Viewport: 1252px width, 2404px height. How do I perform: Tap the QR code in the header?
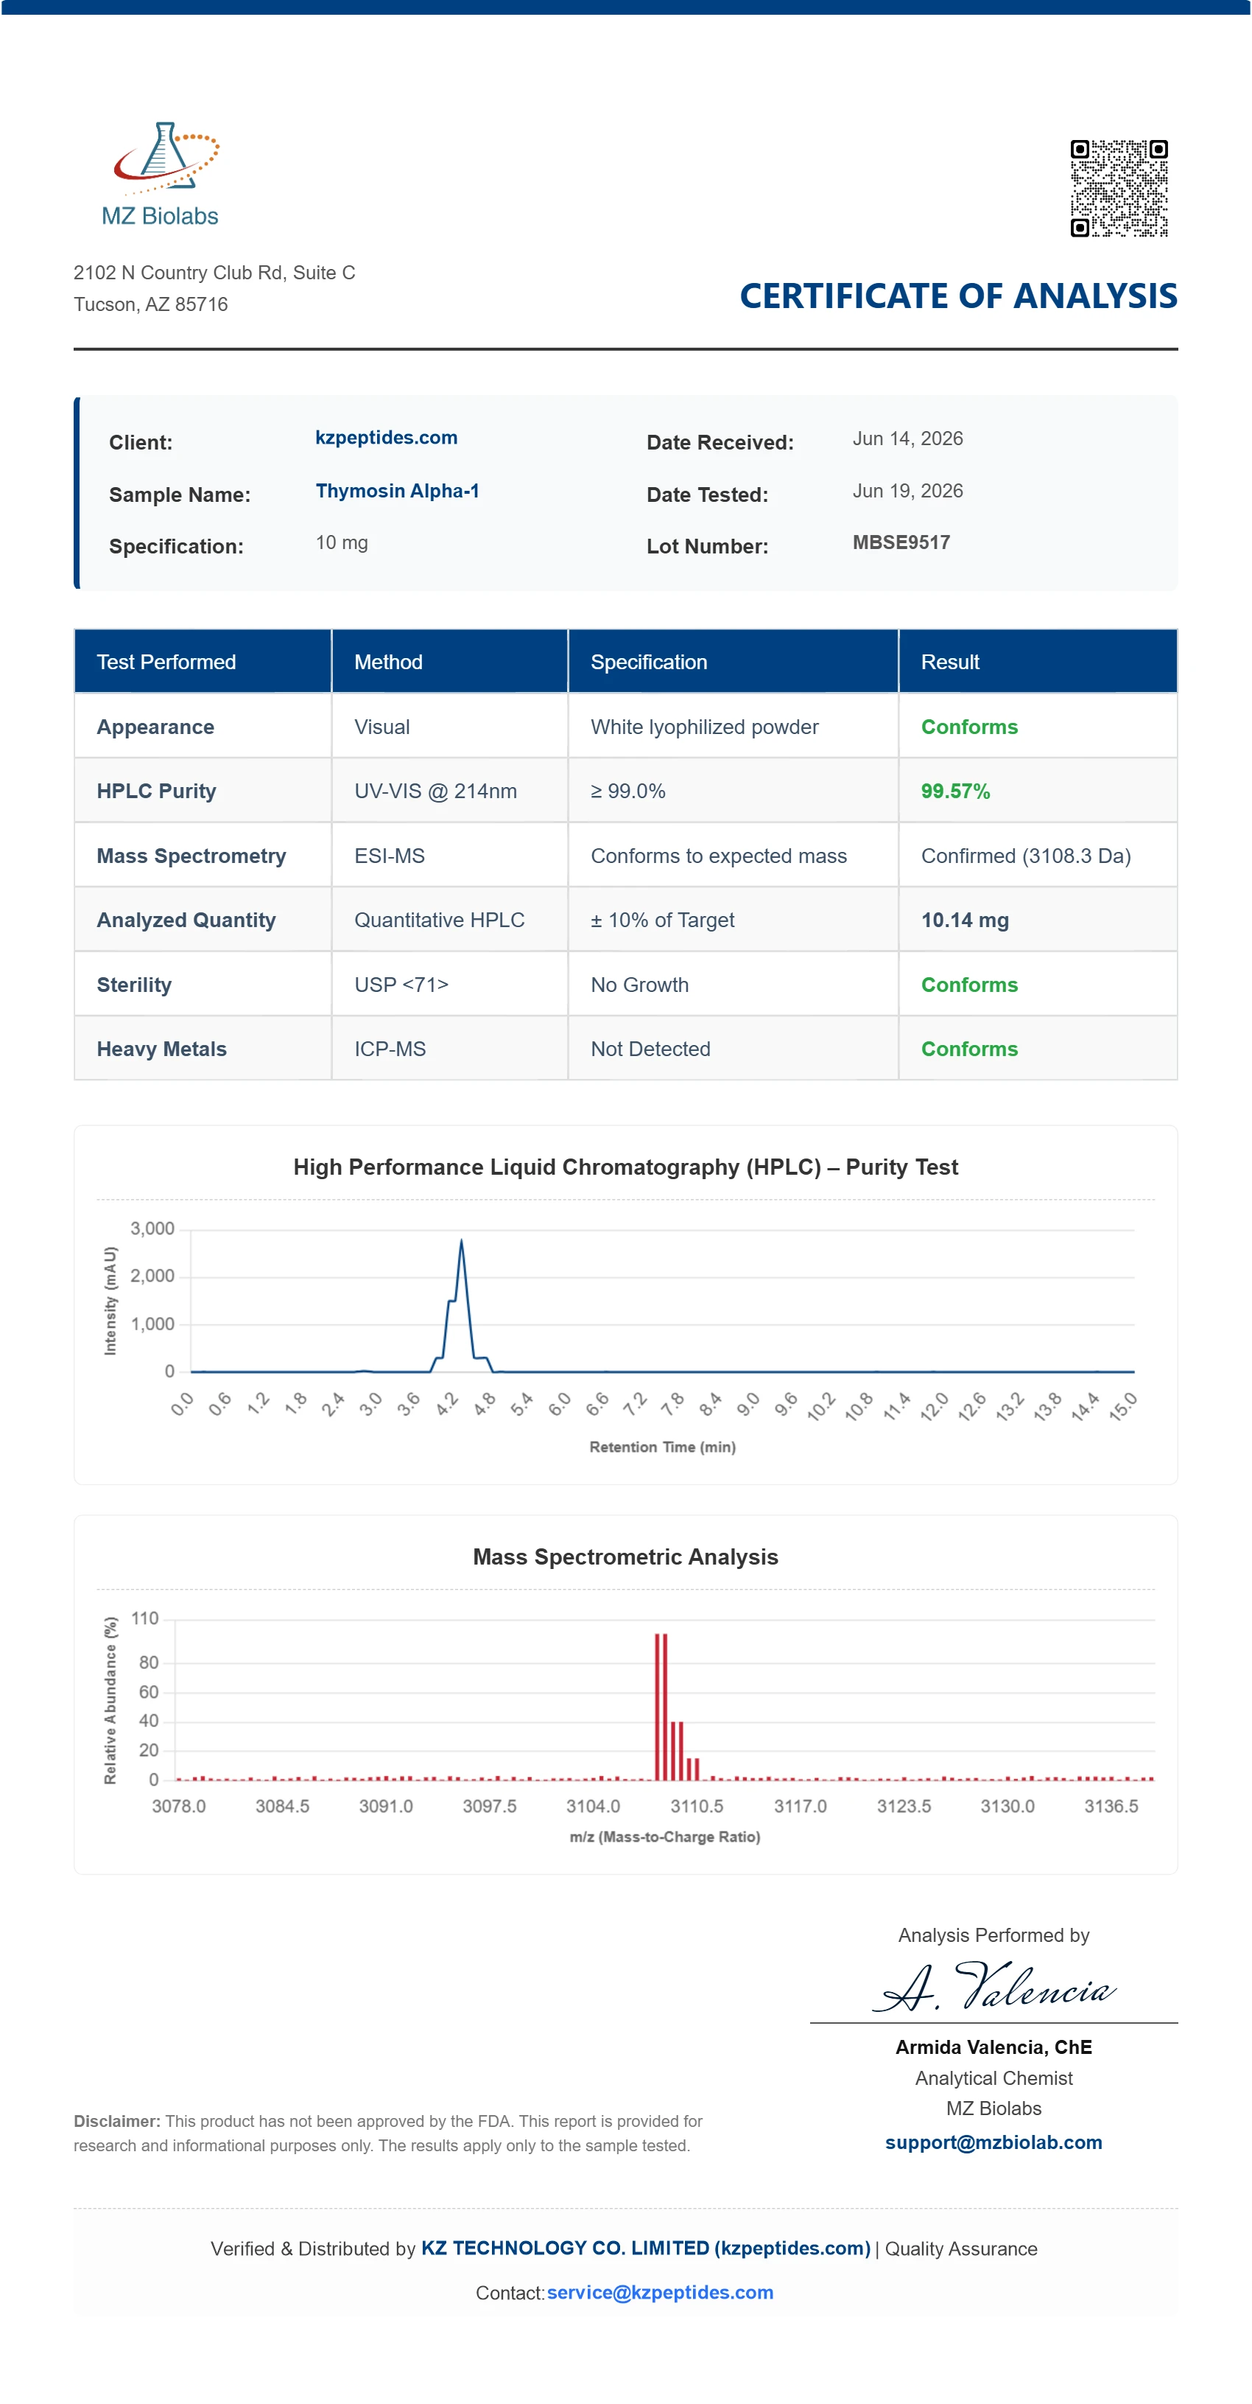pyautogui.click(x=1119, y=188)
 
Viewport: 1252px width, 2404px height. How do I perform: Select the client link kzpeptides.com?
pyautogui.click(x=386, y=438)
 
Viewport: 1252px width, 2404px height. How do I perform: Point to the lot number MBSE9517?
pyautogui.click(x=901, y=542)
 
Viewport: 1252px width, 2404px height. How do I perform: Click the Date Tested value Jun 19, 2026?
pyautogui.click(x=908, y=491)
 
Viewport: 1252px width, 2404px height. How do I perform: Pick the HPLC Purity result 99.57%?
pyautogui.click(x=955, y=792)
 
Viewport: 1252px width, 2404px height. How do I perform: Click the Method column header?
pyautogui.click(x=388, y=662)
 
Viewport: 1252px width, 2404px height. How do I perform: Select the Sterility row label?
pyautogui.click(x=134, y=985)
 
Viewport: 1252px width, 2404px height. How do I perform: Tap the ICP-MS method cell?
pyautogui.click(x=390, y=1049)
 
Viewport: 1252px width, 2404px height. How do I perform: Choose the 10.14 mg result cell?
pyautogui.click(x=965, y=920)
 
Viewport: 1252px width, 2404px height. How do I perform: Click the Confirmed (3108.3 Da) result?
pyautogui.click(x=1025, y=856)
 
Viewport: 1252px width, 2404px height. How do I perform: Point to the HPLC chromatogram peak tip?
pyautogui.click(x=461, y=1240)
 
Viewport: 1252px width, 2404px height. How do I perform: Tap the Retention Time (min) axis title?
pyautogui.click(x=662, y=1447)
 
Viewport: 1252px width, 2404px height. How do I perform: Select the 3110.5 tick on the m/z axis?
pyautogui.click(x=696, y=1806)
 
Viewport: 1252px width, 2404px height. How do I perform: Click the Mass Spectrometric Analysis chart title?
pyautogui.click(x=625, y=1556)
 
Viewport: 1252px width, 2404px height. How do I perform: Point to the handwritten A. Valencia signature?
pyautogui.click(x=994, y=1987)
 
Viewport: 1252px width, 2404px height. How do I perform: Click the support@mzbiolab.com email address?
pyautogui.click(x=993, y=2142)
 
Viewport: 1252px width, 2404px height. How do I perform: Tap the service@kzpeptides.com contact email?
pyautogui.click(x=660, y=2292)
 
